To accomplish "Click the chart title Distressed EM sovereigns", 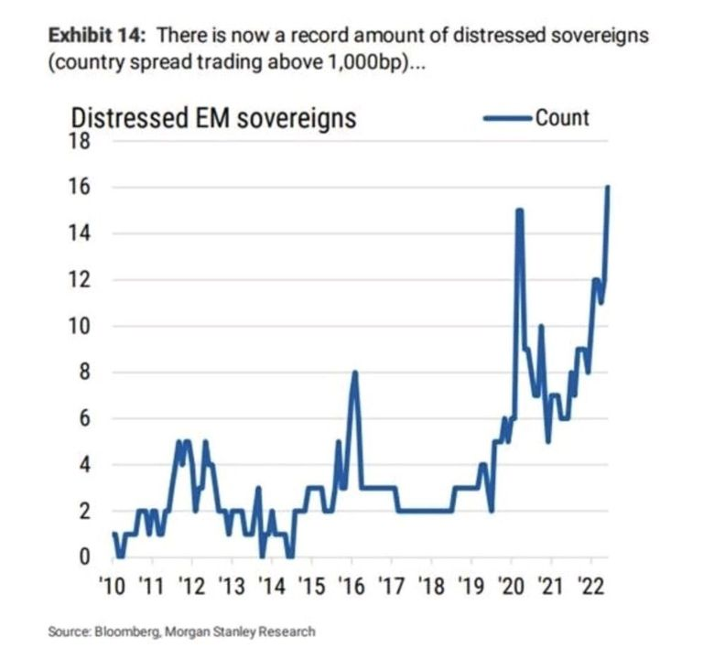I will (x=213, y=119).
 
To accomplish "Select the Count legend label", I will (x=563, y=118).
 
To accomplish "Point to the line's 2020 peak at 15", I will (x=519, y=211).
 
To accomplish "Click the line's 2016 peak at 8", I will (x=354, y=373).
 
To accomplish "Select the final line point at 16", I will (x=607, y=188).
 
